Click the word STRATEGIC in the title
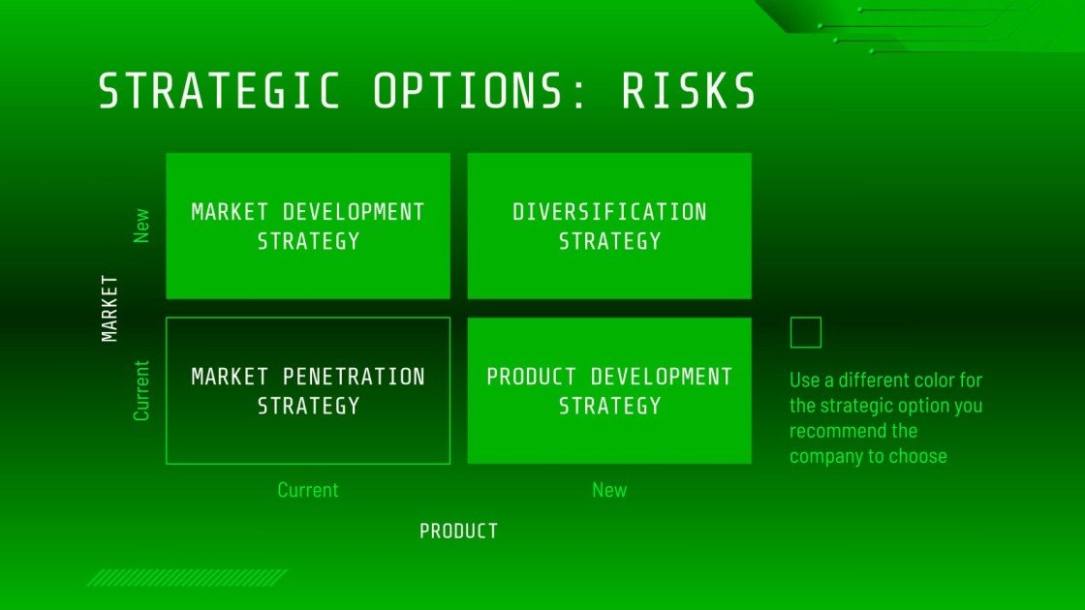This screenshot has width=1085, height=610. click(220, 92)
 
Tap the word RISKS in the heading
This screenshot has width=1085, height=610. click(689, 92)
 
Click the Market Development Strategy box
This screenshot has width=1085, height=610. click(308, 226)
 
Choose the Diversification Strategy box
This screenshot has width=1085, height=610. click(609, 226)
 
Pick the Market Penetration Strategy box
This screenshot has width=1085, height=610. click(308, 390)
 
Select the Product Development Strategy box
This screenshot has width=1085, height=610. click(609, 390)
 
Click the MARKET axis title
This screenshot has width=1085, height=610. click(109, 308)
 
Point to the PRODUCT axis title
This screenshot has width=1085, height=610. click(458, 531)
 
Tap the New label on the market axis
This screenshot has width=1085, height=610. click(142, 226)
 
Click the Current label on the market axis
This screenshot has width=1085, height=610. click(142, 390)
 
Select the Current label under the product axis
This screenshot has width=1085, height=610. click(308, 490)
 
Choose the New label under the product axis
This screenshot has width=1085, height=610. click(609, 490)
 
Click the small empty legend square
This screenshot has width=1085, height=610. click(806, 332)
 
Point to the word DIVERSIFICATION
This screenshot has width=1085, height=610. click(609, 212)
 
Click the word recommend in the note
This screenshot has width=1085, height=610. click(840, 431)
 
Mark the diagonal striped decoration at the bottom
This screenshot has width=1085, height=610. click(187, 578)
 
